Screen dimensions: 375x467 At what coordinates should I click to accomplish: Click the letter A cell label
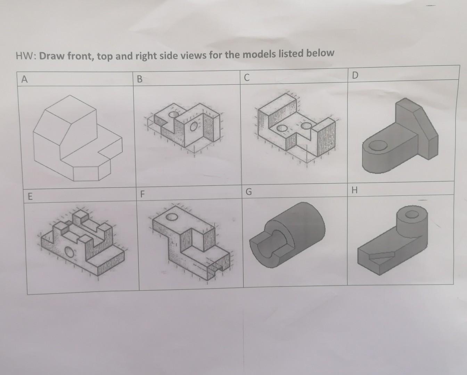point(24,80)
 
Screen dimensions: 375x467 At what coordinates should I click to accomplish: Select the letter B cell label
point(140,79)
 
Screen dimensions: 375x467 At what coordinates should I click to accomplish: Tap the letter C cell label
point(246,77)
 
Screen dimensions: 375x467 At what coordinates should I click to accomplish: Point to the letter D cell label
point(354,75)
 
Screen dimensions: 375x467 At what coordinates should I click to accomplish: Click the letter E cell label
point(30,197)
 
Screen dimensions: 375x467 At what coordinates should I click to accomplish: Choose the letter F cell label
point(142,194)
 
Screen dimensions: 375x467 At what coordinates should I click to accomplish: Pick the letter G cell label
point(248,192)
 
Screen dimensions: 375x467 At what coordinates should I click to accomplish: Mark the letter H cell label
point(354,190)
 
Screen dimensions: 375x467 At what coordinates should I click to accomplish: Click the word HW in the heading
point(25,56)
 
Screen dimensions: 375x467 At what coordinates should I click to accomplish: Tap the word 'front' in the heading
point(79,56)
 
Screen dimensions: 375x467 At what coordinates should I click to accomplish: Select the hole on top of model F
point(172,217)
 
